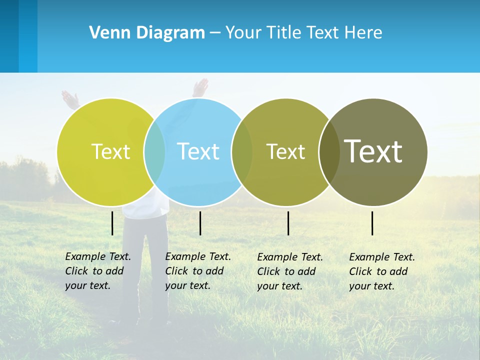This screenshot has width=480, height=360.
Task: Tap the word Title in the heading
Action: (286, 33)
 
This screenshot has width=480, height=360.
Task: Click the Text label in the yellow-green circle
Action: (110, 151)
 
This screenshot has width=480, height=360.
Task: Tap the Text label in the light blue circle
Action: (198, 151)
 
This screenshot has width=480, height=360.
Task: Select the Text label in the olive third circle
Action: (285, 151)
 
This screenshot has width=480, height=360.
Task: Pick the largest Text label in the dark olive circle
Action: (373, 151)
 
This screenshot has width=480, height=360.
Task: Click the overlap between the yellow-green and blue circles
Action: (154, 151)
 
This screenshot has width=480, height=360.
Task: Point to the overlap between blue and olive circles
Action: (242, 151)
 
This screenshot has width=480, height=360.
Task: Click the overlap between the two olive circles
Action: (329, 151)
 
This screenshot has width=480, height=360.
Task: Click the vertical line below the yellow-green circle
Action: (112, 223)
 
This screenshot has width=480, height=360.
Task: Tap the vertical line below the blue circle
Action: (200, 223)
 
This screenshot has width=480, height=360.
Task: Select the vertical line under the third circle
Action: (288, 223)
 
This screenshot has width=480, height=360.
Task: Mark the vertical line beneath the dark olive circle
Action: (372, 223)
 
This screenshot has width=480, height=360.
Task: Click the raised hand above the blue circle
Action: (200, 87)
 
